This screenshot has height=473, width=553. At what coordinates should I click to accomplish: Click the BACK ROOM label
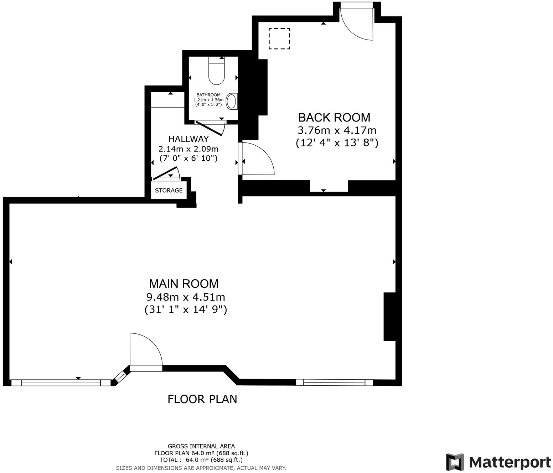click(x=334, y=117)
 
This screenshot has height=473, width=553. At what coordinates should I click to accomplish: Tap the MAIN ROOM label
click(x=184, y=284)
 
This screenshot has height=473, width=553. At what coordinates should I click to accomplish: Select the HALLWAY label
click(x=188, y=139)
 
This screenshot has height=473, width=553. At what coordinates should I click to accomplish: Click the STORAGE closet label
click(x=169, y=191)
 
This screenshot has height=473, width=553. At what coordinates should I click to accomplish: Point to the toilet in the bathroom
click(x=216, y=72)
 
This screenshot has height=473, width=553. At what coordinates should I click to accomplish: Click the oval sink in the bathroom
click(x=232, y=101)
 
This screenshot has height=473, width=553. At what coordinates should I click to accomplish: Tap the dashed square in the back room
click(x=279, y=39)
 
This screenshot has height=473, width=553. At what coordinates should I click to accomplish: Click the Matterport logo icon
click(x=455, y=462)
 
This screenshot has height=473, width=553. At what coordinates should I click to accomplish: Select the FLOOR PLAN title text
click(x=202, y=399)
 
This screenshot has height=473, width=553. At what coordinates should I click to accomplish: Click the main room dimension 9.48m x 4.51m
click(x=186, y=297)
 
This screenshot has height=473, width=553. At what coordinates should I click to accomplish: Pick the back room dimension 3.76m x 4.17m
click(x=337, y=130)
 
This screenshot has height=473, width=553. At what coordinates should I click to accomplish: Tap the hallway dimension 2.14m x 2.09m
click(x=188, y=149)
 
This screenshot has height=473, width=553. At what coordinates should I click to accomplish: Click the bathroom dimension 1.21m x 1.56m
click(x=208, y=100)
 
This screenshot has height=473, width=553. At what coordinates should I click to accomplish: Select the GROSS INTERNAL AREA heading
click(x=201, y=446)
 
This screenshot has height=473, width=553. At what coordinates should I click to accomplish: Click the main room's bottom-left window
click(x=61, y=383)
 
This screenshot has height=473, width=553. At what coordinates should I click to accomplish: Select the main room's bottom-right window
click(x=334, y=382)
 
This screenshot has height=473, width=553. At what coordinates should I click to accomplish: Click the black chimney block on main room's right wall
click(x=389, y=317)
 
